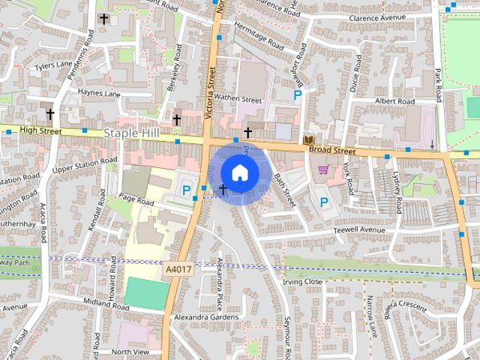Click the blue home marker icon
point(239,172)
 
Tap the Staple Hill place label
point(133,133)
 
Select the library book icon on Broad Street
point(308,140)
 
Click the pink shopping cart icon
point(324,170)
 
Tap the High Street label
point(40,130)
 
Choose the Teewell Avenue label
point(359,229)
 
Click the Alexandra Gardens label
point(205,317)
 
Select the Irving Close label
point(303,282)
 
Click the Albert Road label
point(394,100)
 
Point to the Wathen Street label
point(238,98)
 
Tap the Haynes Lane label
point(99,94)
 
